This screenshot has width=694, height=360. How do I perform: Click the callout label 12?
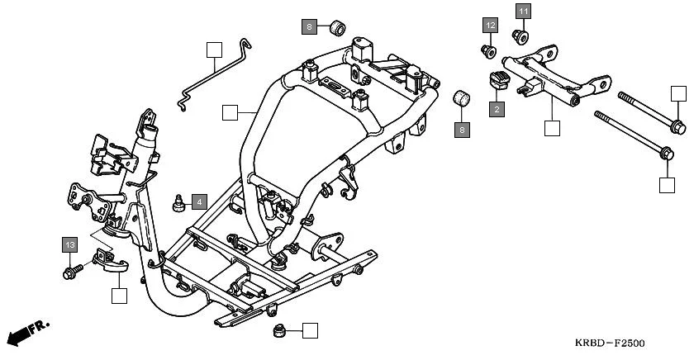[x=490, y=26]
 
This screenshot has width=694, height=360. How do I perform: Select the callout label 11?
[x=525, y=11]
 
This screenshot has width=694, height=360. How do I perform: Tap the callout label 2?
[x=497, y=108]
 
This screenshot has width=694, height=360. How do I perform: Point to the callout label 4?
[x=199, y=201]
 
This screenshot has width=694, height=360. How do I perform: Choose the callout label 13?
[x=70, y=244]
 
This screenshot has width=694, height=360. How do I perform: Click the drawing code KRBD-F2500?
[x=610, y=343]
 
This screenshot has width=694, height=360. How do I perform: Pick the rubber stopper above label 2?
[x=497, y=80]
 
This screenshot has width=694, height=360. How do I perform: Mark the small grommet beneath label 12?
[x=488, y=52]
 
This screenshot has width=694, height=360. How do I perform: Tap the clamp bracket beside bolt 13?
[x=110, y=261]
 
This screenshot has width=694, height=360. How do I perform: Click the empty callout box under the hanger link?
[x=552, y=128]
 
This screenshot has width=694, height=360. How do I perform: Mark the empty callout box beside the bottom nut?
[x=310, y=331]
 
